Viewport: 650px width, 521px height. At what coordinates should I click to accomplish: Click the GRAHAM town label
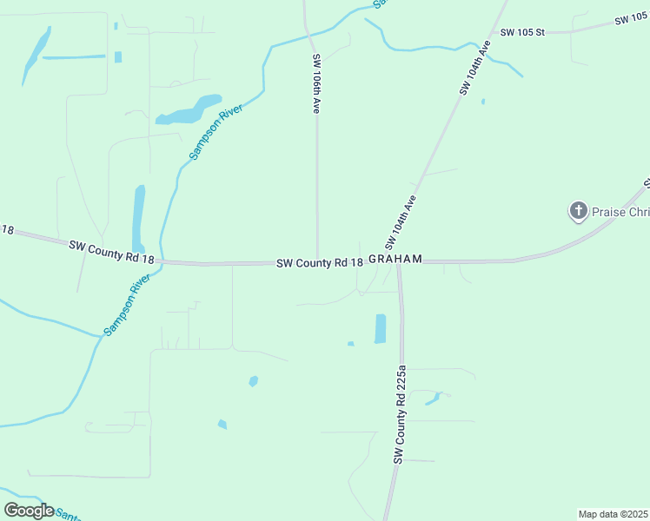tap(395, 259)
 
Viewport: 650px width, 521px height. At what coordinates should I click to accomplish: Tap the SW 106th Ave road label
tap(317, 83)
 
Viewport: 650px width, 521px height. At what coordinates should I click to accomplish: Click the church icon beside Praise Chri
tap(578, 211)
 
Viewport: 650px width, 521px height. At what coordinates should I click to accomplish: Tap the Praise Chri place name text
tap(620, 211)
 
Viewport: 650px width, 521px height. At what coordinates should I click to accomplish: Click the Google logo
tap(29, 510)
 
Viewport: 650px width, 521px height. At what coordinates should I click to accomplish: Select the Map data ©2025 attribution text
tap(613, 514)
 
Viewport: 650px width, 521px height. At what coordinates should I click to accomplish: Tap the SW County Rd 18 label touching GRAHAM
tap(319, 262)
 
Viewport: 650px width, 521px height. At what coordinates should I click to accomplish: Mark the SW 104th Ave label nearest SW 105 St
tap(472, 71)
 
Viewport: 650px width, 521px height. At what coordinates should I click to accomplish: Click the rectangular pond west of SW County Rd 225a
tap(380, 328)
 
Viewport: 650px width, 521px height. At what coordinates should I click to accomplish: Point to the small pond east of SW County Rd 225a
tap(433, 399)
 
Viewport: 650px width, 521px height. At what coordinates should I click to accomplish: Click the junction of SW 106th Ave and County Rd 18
tap(317, 261)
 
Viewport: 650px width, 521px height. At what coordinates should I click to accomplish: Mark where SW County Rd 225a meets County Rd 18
tap(399, 262)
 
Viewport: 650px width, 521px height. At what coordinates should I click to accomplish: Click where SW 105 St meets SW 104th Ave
tap(492, 34)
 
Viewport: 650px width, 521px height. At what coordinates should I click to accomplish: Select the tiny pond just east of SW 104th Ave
tap(483, 102)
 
